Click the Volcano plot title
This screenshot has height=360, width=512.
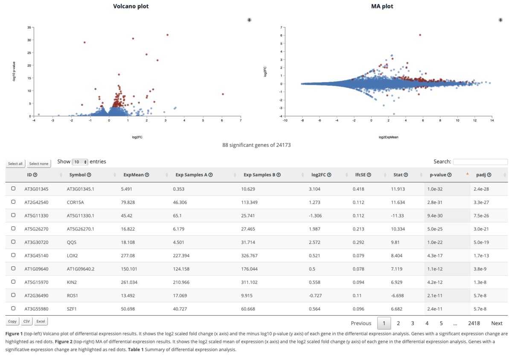click(131, 6)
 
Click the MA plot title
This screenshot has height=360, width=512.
click(382, 6)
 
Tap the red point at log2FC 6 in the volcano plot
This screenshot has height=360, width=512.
click(223, 94)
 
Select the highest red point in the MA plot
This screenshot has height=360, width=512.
click(420, 35)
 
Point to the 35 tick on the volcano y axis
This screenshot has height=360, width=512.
click(29, 27)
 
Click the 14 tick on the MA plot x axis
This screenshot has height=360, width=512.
click(492, 120)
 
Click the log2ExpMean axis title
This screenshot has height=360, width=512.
click(388, 137)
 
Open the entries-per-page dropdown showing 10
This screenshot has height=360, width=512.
click(80, 162)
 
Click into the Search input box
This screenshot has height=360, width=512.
click(480, 162)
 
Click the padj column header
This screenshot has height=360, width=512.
click(481, 175)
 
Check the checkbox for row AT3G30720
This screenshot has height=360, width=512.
click(13, 242)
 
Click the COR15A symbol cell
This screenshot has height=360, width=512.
click(75, 202)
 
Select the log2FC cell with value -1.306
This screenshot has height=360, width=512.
click(315, 216)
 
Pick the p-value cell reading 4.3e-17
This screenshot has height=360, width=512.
click(435, 256)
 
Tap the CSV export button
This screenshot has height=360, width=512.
click(26, 321)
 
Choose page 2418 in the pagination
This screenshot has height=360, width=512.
click(474, 323)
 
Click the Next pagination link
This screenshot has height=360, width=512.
click(497, 323)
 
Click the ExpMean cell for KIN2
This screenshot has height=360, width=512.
click(129, 282)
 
